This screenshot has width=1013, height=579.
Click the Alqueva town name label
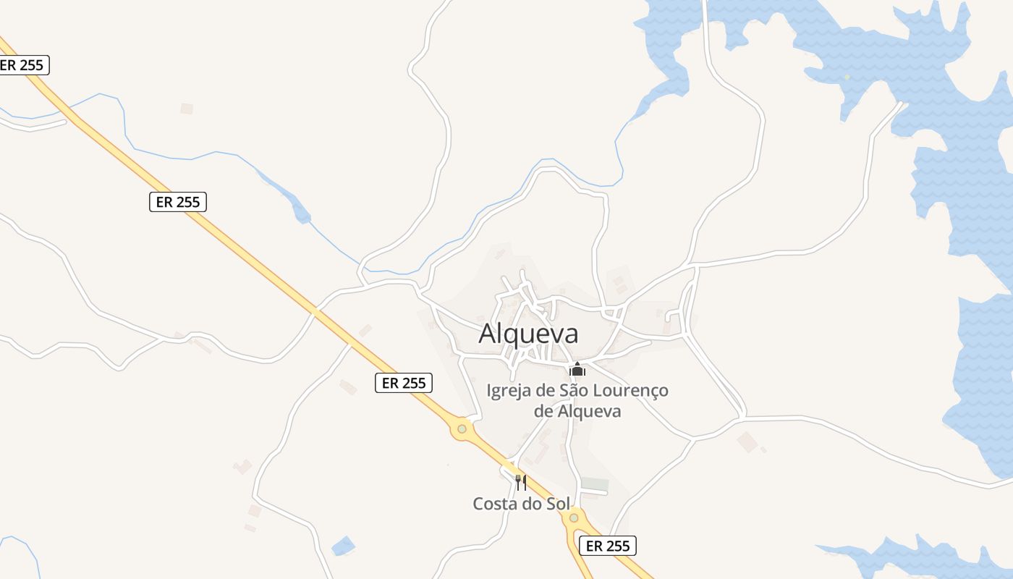point(528,334)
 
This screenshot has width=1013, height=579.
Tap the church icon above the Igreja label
point(577,370)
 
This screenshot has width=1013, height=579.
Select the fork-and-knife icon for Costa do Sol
point(520,482)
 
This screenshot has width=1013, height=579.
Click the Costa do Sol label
point(521,504)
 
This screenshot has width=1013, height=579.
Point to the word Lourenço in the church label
point(630,391)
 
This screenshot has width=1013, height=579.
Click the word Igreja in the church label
point(509,392)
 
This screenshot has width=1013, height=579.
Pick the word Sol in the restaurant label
point(557,504)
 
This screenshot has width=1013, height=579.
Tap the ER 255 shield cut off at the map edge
point(23,65)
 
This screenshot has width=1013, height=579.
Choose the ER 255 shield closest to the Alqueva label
point(403,383)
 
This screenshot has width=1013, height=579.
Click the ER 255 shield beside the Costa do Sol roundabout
point(608,546)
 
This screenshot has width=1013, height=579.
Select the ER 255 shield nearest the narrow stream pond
point(178,202)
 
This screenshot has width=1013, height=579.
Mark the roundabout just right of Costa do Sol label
point(574,517)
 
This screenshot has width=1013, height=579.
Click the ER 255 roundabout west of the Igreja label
point(462,429)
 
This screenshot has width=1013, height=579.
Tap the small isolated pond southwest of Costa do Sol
point(344,546)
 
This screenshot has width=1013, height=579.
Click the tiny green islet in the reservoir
point(847,76)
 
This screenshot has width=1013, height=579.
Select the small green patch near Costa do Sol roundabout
point(595,483)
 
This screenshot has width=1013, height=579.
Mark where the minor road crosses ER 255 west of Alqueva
point(315,311)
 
